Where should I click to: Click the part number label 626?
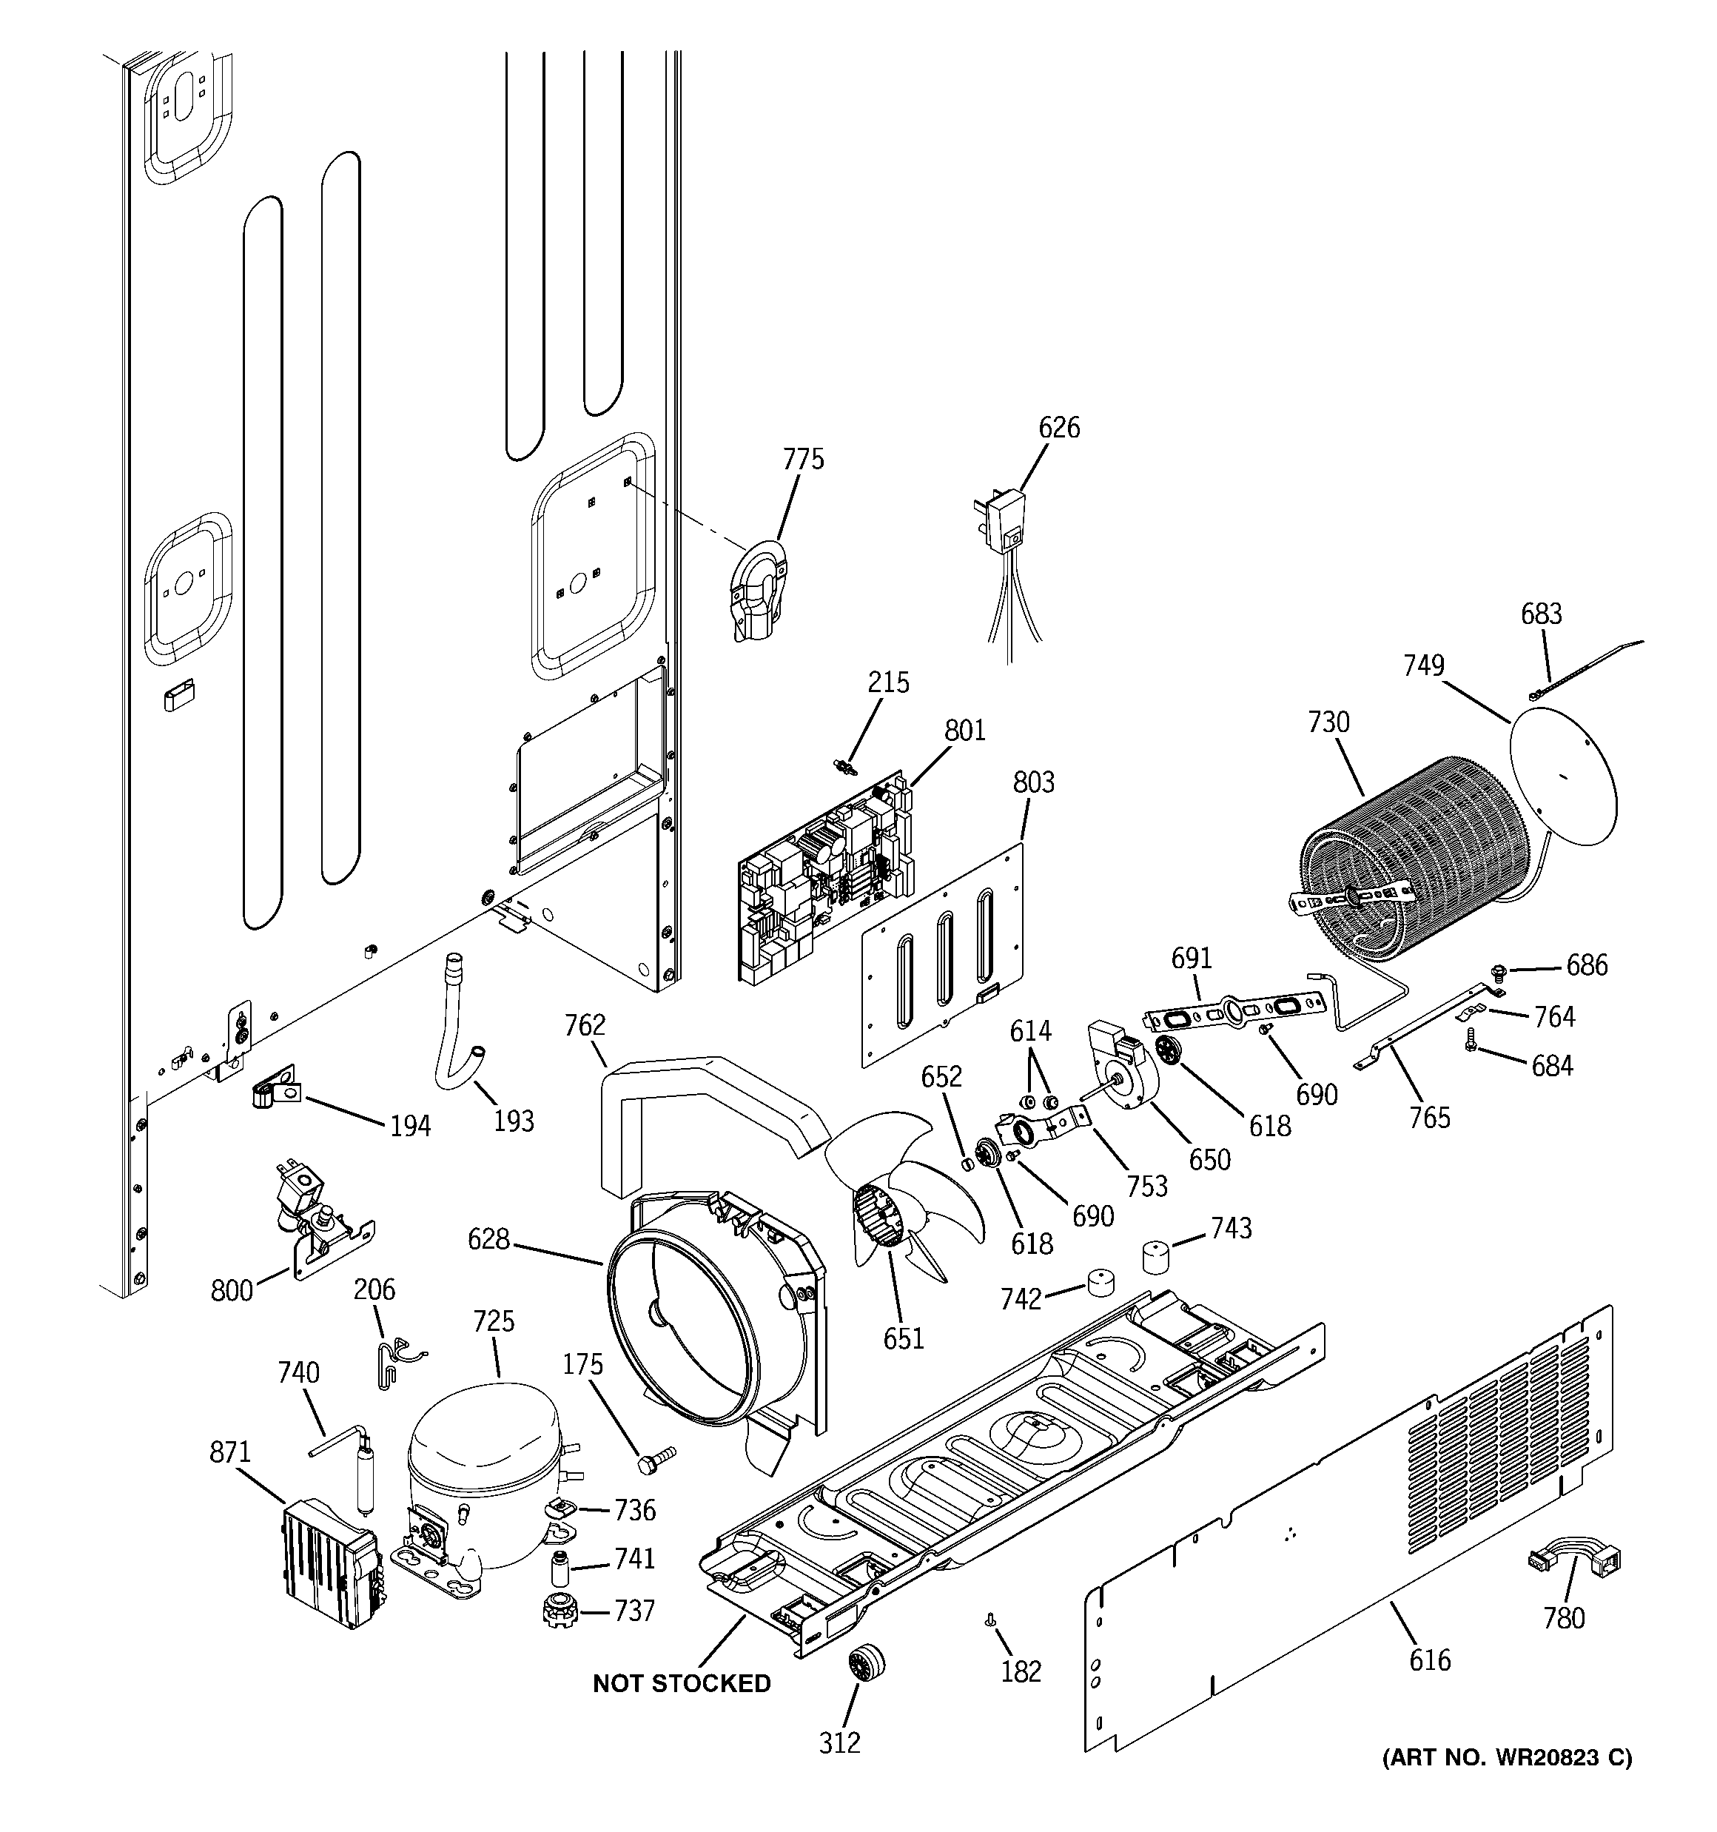point(1059,428)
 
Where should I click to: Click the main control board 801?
point(825,876)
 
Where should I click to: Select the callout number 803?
point(1033,782)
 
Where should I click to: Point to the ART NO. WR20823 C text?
point(1506,1757)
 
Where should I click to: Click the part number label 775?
point(804,459)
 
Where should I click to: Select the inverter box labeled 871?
point(332,1563)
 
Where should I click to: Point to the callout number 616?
point(1429,1660)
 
